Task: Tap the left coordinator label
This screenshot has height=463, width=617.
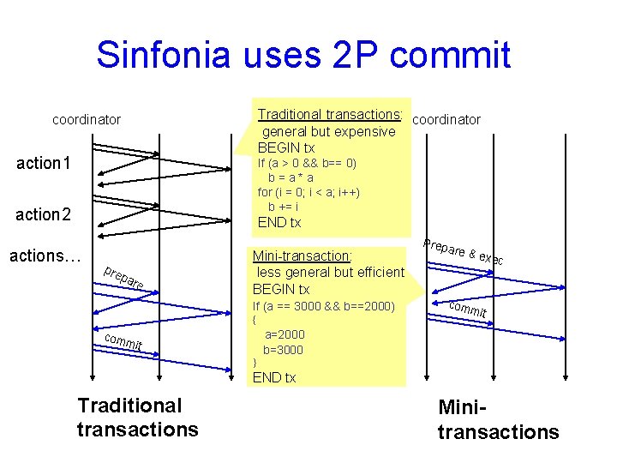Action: coord(87,120)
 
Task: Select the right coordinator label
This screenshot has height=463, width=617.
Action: coord(446,120)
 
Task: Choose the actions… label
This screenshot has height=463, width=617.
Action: coord(45,256)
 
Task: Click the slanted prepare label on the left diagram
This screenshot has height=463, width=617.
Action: coord(123,280)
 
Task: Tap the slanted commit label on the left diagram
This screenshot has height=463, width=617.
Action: coord(123,342)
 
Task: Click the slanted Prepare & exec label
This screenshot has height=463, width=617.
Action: coord(464,250)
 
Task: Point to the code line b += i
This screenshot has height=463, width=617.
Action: coord(284,207)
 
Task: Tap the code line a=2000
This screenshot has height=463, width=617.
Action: coord(285,334)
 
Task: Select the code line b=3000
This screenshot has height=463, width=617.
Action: coord(283,350)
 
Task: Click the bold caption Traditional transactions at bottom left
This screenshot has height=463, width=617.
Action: coord(137,417)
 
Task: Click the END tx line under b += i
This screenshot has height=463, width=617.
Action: coord(279,223)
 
